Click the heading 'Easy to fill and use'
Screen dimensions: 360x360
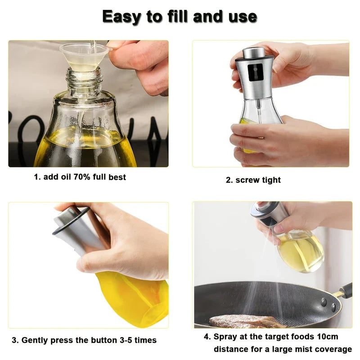coord(180,17)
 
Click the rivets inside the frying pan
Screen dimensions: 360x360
coord(329,306)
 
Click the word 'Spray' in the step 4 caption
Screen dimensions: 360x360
coord(225,337)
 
